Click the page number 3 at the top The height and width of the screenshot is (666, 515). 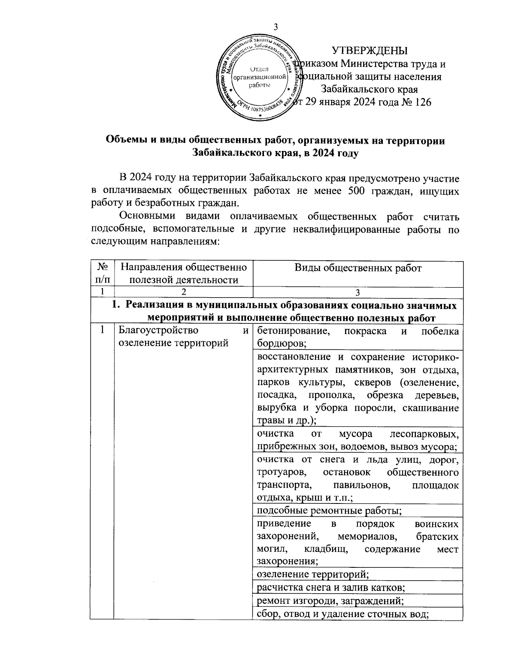pyautogui.click(x=276, y=27)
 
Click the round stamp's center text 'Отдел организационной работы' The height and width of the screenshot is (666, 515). pyautogui.click(x=259, y=77)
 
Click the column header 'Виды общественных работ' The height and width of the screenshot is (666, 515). pyautogui.click(x=358, y=268)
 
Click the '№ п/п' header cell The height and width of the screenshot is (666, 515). pyautogui.click(x=102, y=274)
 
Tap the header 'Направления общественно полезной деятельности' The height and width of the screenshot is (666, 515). pyautogui.click(x=184, y=274)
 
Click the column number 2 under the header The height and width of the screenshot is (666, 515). pyautogui.click(x=183, y=292)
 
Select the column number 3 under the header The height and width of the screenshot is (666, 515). pyautogui.click(x=358, y=292)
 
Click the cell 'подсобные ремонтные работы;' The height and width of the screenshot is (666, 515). pyautogui.click(x=329, y=510)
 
